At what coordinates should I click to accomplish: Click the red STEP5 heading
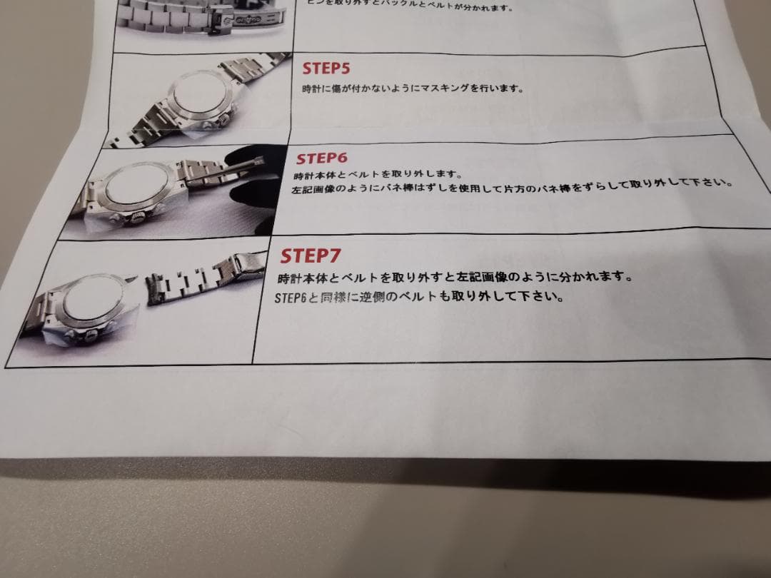[x=326, y=69]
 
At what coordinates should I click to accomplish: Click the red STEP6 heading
[x=321, y=158]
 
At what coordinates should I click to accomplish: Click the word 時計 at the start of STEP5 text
[x=308, y=90]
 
